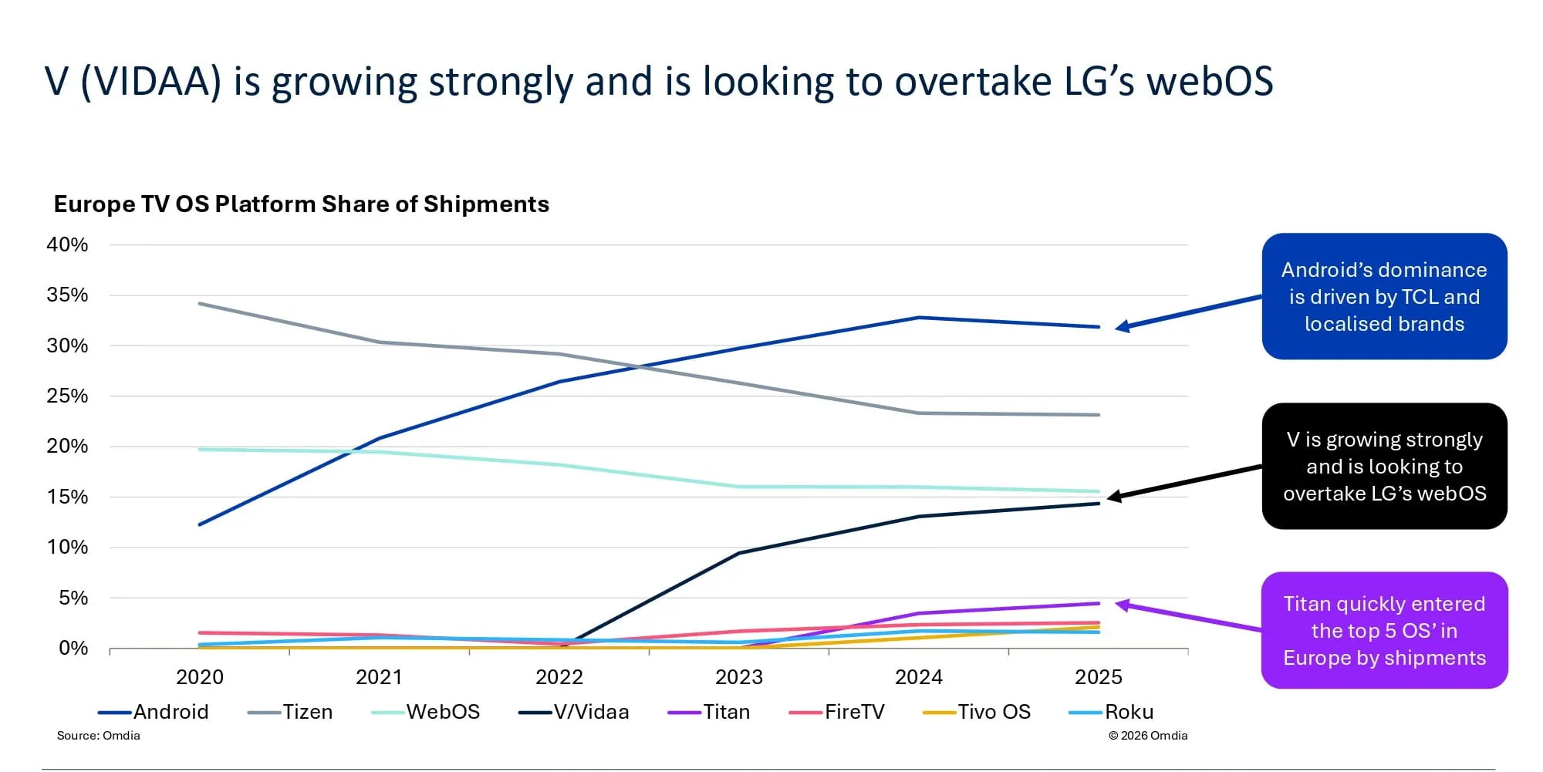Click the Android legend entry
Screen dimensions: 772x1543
tap(154, 712)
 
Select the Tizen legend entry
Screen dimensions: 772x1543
tap(291, 712)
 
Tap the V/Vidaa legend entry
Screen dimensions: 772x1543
tap(575, 712)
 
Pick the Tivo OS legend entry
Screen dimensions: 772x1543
tap(977, 712)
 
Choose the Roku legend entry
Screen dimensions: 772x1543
tap(1113, 712)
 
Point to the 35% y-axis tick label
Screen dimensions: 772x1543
tap(67, 295)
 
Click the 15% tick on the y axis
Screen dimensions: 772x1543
tap(67, 497)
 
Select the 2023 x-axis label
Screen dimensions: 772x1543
tap(738, 677)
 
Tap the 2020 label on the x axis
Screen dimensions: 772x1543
tap(199, 677)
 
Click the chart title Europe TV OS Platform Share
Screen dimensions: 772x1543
tap(301, 204)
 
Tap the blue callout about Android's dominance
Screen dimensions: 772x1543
tap(1384, 297)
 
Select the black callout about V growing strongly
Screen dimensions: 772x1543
tap(1384, 467)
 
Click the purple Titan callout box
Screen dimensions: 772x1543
tap(1384, 631)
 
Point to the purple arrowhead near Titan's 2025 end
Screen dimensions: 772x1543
tap(1123, 605)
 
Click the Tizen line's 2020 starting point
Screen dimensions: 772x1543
tap(200, 304)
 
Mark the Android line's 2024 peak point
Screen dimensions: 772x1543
tap(918, 317)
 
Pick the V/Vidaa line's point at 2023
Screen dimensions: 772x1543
tap(738, 553)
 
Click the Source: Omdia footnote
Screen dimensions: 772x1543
tap(98, 736)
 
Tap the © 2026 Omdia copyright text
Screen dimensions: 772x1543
tap(1147, 736)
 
